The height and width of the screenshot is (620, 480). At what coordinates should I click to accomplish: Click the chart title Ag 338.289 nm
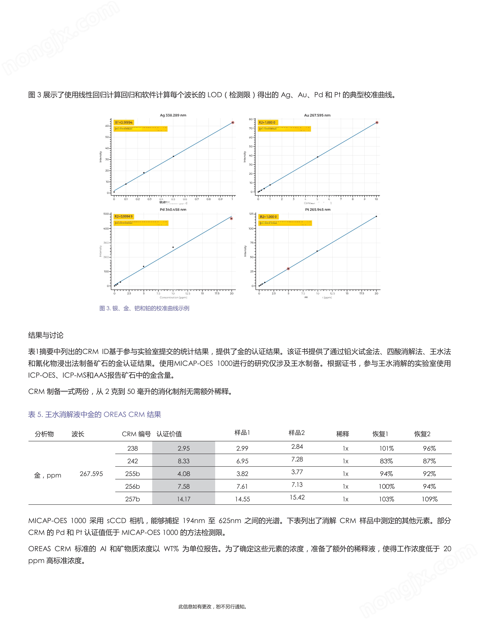(x=173, y=115)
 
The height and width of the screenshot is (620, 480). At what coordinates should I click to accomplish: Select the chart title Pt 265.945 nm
(x=318, y=209)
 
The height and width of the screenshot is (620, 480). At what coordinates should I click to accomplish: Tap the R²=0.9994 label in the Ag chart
(x=124, y=122)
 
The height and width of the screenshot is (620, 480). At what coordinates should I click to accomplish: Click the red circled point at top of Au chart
(x=377, y=123)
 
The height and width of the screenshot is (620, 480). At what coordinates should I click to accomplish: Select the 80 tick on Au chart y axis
(x=251, y=119)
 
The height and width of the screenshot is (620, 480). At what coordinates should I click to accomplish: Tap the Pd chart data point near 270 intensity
(x=173, y=247)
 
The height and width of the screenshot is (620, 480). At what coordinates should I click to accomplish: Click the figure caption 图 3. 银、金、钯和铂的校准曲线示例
(x=144, y=308)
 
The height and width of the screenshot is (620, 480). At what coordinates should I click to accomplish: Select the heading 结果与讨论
(x=46, y=335)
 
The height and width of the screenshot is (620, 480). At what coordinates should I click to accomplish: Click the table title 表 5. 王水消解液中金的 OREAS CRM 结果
(x=94, y=414)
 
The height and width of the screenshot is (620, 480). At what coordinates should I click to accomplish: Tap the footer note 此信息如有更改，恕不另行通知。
(x=212, y=607)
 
